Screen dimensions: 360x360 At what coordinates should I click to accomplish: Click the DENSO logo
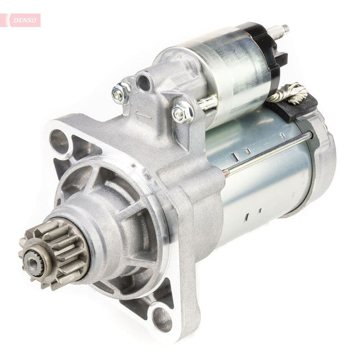(22, 20)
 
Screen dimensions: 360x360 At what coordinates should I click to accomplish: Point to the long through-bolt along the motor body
(270, 151)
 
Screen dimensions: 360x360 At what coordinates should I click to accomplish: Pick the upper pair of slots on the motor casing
(241, 154)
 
